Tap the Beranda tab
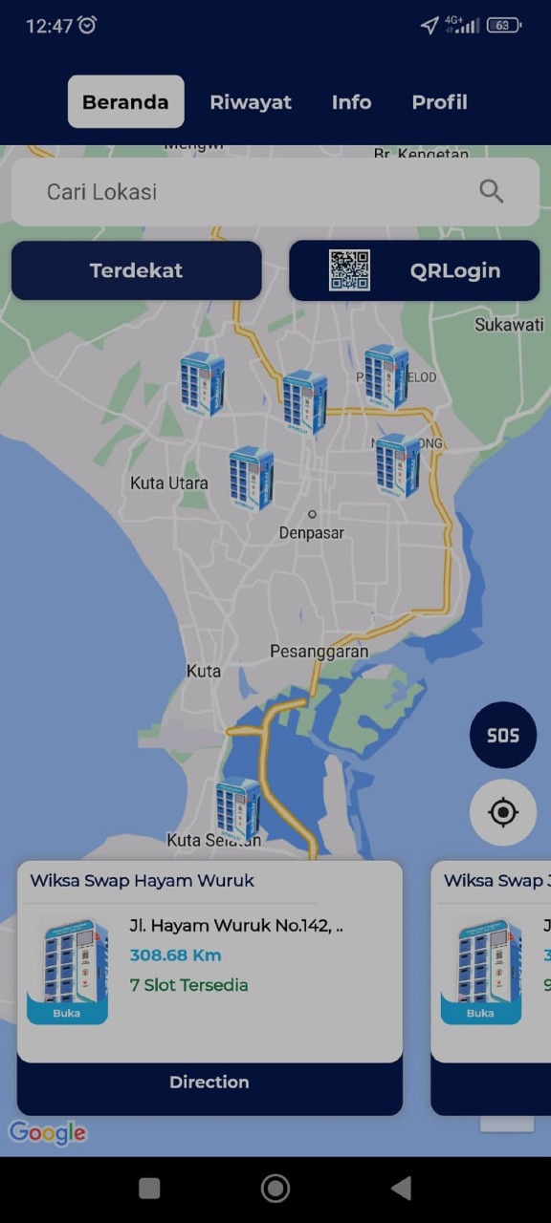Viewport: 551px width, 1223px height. tap(125, 102)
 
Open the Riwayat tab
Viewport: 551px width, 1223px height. tap(251, 102)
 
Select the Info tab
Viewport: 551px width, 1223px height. tap(351, 102)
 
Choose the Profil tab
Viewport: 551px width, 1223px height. tap(439, 102)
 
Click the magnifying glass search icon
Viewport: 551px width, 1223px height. tap(491, 191)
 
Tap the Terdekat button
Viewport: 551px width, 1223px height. tap(136, 270)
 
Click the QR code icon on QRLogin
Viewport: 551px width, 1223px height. tap(349, 270)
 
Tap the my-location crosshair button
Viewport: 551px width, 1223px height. tap(502, 812)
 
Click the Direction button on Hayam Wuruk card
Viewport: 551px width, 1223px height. tap(209, 1083)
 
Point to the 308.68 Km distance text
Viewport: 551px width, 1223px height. tap(175, 955)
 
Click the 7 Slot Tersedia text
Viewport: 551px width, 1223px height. tap(188, 985)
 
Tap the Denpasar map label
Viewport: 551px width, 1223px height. tap(311, 532)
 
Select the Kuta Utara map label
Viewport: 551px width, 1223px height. tap(168, 483)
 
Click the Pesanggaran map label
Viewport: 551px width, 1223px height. tap(319, 652)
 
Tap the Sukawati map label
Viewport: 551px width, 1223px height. tap(509, 325)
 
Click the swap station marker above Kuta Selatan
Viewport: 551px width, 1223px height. tap(237, 807)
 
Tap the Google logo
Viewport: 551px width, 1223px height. tap(48, 1133)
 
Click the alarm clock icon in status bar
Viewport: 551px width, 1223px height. tap(87, 26)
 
